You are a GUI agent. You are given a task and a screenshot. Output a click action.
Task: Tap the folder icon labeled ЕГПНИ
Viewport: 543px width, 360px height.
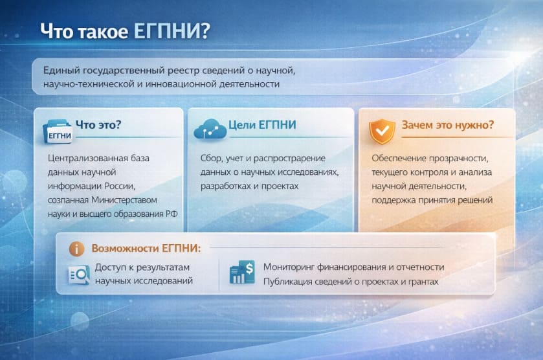pyautogui.click(x=58, y=129)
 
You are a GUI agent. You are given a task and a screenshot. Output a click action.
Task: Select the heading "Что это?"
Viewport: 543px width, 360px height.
pyautogui.click(x=99, y=125)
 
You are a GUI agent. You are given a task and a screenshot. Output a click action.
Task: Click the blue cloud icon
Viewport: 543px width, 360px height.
pyautogui.click(x=210, y=129)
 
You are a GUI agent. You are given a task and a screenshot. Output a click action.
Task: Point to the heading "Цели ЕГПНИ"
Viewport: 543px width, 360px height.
pyautogui.click(x=262, y=125)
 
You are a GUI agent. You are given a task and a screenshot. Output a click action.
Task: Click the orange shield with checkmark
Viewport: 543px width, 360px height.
pyautogui.click(x=381, y=130)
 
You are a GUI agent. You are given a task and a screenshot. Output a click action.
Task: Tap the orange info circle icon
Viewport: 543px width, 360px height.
pyautogui.click(x=76, y=249)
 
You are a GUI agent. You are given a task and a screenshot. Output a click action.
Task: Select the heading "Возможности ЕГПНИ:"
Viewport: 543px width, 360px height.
pyautogui.click(x=146, y=248)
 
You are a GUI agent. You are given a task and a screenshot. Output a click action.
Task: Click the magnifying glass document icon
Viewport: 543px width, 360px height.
pyautogui.click(x=78, y=274)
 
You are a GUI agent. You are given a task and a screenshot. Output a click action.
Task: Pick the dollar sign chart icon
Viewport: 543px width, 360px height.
pyautogui.click(x=242, y=273)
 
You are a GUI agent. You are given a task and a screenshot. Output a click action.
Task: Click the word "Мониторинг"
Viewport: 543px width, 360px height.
pyautogui.click(x=291, y=267)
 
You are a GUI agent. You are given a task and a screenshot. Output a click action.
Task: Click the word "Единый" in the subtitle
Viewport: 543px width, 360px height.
pyautogui.click(x=60, y=70)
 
